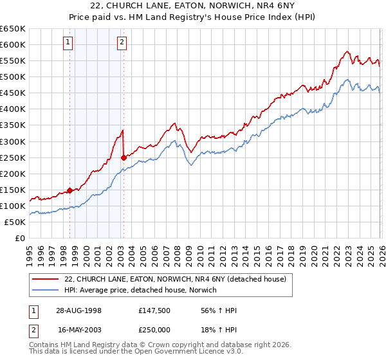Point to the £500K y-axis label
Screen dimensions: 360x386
point(13,76)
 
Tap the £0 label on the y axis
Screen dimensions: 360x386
point(19,238)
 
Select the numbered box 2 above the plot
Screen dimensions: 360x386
point(122,43)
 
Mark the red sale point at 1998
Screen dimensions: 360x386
point(70,190)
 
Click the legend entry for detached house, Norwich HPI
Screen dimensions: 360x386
point(140,291)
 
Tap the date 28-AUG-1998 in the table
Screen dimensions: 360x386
point(78,310)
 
